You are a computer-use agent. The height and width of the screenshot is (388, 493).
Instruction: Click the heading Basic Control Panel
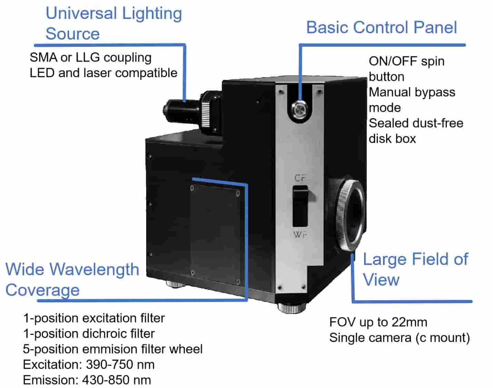click(381, 28)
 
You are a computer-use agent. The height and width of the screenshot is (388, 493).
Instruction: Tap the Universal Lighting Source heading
click(113, 23)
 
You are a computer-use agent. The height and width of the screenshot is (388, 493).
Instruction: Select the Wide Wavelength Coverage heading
click(72, 279)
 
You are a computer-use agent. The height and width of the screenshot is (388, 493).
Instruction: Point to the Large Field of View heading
click(415, 269)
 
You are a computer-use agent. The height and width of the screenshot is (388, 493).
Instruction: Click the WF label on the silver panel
click(300, 235)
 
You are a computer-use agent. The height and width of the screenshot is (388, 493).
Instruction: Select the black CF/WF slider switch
click(300, 206)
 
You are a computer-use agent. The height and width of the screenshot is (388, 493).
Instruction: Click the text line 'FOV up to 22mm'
click(378, 322)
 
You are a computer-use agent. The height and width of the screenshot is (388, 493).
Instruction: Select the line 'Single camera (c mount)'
click(399, 338)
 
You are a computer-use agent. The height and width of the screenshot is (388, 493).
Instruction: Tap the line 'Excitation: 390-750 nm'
click(89, 365)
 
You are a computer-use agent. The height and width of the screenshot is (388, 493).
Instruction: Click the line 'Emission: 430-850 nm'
click(87, 380)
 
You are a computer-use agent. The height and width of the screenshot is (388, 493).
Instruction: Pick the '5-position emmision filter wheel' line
click(113, 349)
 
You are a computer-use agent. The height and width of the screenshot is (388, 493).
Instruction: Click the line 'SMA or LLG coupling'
click(90, 57)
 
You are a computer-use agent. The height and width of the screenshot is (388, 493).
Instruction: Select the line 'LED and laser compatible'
click(103, 73)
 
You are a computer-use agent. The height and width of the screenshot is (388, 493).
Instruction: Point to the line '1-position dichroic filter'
click(89, 334)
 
